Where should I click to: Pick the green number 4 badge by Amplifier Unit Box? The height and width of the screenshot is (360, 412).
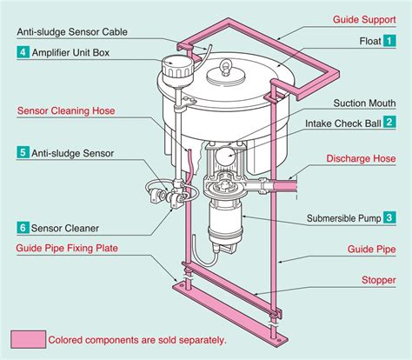[x=22, y=52]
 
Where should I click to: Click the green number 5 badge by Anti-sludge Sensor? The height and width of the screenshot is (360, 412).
[x=22, y=152]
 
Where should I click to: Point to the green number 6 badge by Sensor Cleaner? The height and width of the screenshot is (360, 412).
[x=22, y=228]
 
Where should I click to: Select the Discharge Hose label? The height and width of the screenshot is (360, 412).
[x=362, y=159]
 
